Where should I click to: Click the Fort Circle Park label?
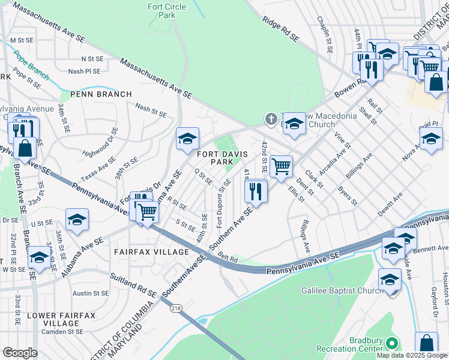pyautogui.click(x=166, y=11)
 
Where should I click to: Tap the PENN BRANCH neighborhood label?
pyautogui.click(x=101, y=94)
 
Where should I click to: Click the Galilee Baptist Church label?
pyautogui.click(x=342, y=291)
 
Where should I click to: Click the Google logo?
pyautogui.click(x=20, y=353)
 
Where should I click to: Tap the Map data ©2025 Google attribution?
pyautogui.click(x=411, y=355)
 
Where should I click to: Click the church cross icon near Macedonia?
pyautogui.click(x=271, y=119)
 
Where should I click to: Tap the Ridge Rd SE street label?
pyautogui.click(x=280, y=28)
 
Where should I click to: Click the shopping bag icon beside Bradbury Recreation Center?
pyautogui.click(x=426, y=343)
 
